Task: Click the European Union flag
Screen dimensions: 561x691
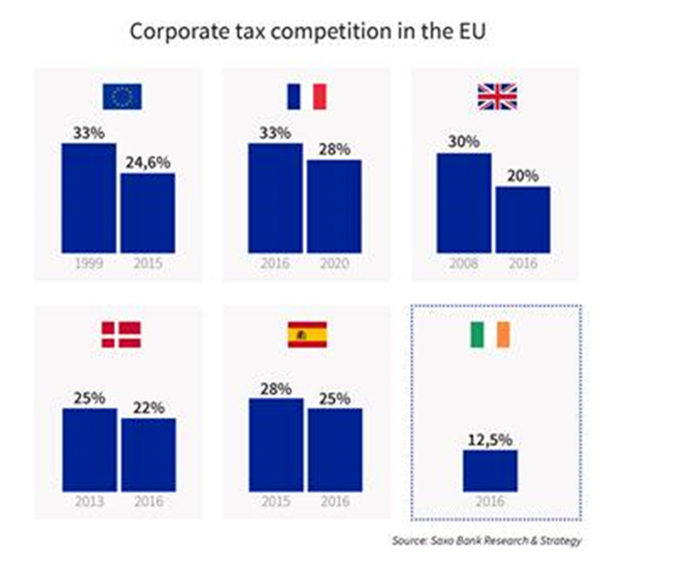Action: [x=122, y=96]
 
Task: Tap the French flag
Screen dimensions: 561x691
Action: [x=306, y=96]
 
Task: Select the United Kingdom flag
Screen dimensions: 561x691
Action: [x=497, y=96]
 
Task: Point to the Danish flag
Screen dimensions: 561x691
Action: [x=122, y=334]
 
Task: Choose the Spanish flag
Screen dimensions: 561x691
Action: [x=307, y=334]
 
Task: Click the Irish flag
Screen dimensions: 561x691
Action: [x=491, y=334]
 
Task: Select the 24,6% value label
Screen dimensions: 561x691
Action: [x=147, y=162]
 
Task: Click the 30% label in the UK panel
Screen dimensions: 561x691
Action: [x=463, y=141]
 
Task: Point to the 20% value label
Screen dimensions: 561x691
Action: [x=523, y=175]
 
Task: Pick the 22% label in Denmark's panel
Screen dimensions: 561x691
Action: [x=149, y=408]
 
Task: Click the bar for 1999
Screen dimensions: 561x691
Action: [x=89, y=198]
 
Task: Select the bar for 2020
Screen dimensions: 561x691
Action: [x=334, y=206]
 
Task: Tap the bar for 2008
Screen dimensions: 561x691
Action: [x=464, y=203]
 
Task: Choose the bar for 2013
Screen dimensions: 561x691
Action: [x=90, y=449]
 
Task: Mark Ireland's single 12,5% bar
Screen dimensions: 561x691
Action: [x=490, y=469]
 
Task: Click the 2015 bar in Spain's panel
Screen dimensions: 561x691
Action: [x=276, y=444]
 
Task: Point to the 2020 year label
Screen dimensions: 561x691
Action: [x=334, y=265]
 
